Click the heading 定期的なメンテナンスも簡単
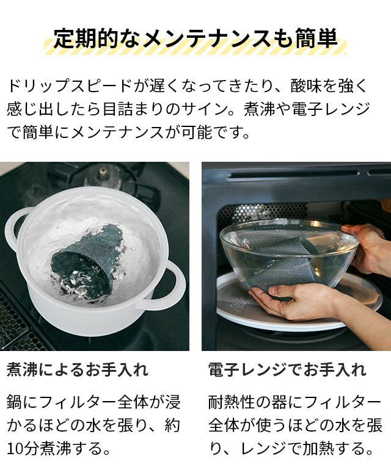[195, 38]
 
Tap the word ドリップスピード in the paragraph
[70, 86]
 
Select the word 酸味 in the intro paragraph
[306, 86]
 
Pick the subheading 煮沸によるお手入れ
[78, 369]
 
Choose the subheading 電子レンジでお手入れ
[287, 369]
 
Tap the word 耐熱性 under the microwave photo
[232, 402]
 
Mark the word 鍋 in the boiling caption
[14, 402]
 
